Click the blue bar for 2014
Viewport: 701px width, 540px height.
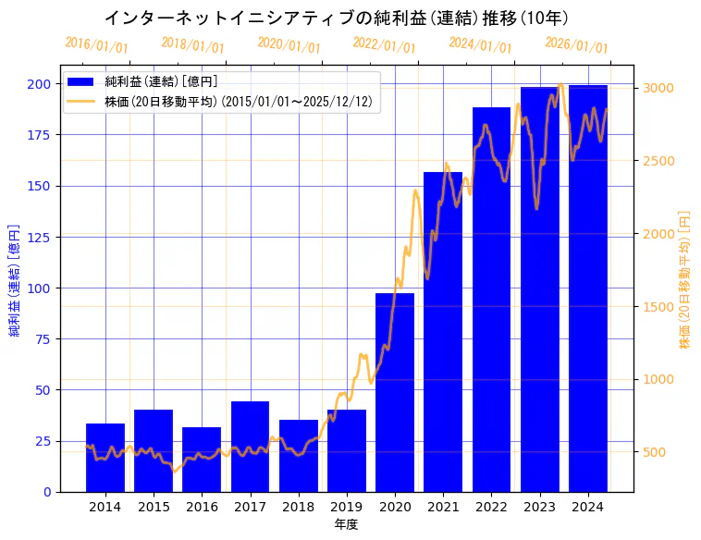(105, 458)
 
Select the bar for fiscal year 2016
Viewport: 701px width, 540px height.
(202, 460)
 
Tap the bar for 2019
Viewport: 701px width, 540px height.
(347, 451)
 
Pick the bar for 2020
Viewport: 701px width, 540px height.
(395, 393)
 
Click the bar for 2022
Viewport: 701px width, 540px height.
(491, 300)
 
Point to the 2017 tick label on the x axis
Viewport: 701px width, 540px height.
(250, 507)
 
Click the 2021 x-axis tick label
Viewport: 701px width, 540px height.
(443, 507)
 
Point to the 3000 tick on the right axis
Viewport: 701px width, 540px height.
(658, 88)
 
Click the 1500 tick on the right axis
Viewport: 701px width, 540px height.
(658, 306)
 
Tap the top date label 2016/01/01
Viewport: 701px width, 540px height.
(96, 45)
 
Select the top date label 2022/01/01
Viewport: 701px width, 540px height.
(384, 45)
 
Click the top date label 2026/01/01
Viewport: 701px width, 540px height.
(576, 45)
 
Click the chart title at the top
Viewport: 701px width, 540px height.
(336, 18)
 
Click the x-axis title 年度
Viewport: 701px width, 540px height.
(346, 524)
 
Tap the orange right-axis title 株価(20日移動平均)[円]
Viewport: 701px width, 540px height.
(684, 278)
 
